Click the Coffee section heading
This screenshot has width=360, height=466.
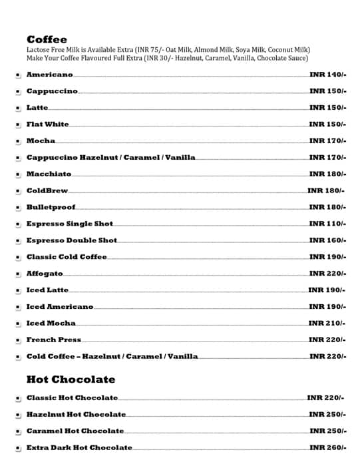click(47, 39)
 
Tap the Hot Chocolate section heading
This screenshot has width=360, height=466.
click(71, 379)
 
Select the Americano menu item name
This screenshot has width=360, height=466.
click(49, 75)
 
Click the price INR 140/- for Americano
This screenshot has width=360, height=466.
click(327, 75)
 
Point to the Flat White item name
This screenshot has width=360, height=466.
click(47, 124)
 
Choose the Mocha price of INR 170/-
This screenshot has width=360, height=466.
click(327, 141)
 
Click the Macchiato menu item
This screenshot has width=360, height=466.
click(49, 174)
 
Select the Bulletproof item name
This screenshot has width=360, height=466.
click(51, 207)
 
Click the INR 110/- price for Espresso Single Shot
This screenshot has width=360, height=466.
click(327, 224)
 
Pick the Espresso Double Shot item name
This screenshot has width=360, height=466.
click(71, 240)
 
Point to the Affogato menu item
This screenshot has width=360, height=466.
click(45, 274)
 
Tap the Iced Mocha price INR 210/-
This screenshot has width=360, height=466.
click(327, 324)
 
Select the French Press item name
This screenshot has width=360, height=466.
click(53, 340)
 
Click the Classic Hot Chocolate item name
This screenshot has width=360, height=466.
click(72, 398)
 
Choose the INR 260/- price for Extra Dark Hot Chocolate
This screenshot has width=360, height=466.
click(327, 447)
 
